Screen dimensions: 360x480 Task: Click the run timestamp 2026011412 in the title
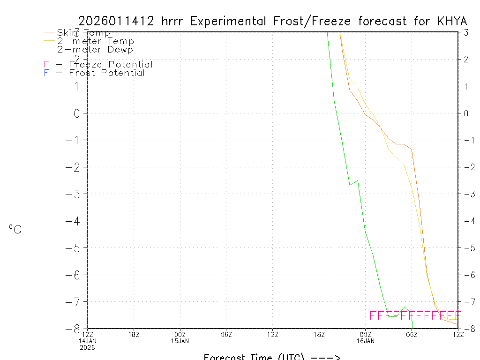point(116,22)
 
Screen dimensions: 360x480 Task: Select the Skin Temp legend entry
point(83,33)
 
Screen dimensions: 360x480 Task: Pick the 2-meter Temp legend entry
point(95,41)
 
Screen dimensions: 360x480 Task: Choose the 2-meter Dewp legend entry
point(95,50)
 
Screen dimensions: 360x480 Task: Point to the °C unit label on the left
point(15,229)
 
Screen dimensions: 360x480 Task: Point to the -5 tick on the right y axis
point(466,248)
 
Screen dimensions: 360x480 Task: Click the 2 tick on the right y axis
point(465,59)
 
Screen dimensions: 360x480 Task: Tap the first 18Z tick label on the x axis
point(134,334)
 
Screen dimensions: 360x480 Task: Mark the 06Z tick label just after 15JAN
point(226,334)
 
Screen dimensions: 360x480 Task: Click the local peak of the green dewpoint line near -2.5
point(358,180)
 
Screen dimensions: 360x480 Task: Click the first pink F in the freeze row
point(373,315)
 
